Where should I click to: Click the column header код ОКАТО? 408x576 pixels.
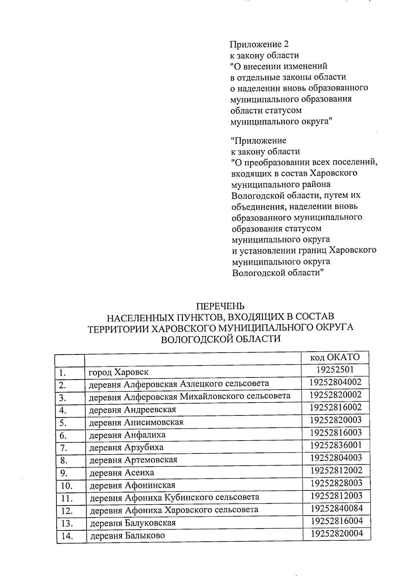coord(335,357)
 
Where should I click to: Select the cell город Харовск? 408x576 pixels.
coord(118,372)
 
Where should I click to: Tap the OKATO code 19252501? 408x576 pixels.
coord(335,369)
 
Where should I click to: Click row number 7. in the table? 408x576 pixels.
coord(63,448)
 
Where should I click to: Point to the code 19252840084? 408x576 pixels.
coord(336,508)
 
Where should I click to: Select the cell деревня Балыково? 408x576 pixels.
coord(127,536)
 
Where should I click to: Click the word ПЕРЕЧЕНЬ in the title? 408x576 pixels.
coord(221,306)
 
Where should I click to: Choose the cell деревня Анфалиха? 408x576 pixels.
coord(127,435)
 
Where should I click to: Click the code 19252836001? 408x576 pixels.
coord(336,445)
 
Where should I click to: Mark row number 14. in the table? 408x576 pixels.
coord(67,536)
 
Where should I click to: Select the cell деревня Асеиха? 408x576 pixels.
coord(121,472)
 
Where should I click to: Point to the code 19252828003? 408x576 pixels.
coord(336,483)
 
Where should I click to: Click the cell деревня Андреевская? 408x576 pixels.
coord(133,410)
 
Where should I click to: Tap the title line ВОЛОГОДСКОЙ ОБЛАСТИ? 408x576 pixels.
coord(221,339)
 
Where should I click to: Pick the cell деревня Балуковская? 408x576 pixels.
coord(133,523)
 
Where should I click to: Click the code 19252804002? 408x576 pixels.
coord(335,382)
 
